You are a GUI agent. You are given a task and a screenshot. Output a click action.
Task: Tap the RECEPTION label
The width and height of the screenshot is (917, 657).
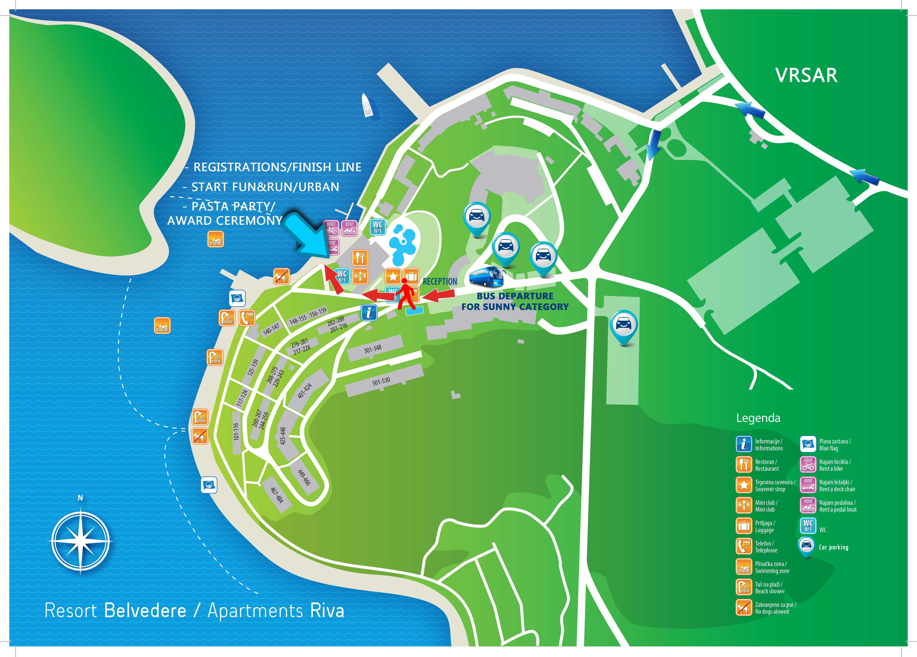(x=440, y=282)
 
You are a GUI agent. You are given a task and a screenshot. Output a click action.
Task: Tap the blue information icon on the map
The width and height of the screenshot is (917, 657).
(x=369, y=313)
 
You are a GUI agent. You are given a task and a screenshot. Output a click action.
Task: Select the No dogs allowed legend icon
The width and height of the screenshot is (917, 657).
(x=744, y=608)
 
